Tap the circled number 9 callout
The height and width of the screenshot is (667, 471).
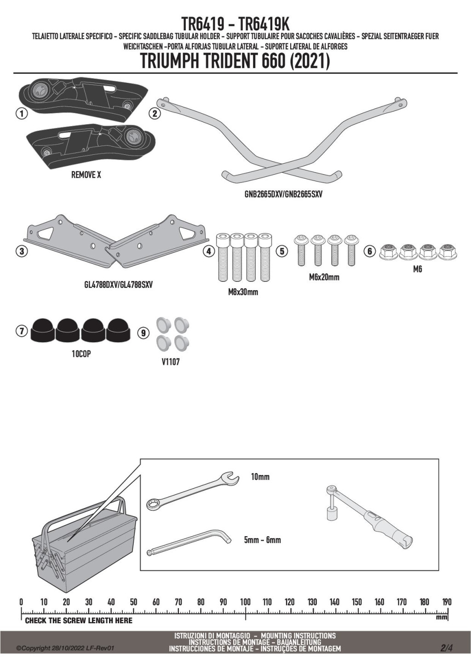[x=144, y=332]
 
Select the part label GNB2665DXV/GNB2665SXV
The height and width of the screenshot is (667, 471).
[x=283, y=194]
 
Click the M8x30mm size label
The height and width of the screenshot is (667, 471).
[x=243, y=292]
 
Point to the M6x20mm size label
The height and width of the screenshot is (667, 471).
[x=324, y=277]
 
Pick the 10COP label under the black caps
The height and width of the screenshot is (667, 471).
[x=81, y=354]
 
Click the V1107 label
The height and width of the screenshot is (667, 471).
[x=171, y=362]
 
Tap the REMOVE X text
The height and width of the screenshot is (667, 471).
[x=86, y=175]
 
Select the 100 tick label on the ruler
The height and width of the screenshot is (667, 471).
[x=245, y=602]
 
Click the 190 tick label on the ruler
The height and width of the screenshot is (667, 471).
[x=446, y=602]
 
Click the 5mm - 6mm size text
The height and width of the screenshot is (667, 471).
[x=262, y=540]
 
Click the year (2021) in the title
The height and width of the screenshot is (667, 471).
[x=310, y=61]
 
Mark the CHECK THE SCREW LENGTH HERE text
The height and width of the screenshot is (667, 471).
[x=79, y=620]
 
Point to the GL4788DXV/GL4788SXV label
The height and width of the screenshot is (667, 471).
[x=118, y=285]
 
